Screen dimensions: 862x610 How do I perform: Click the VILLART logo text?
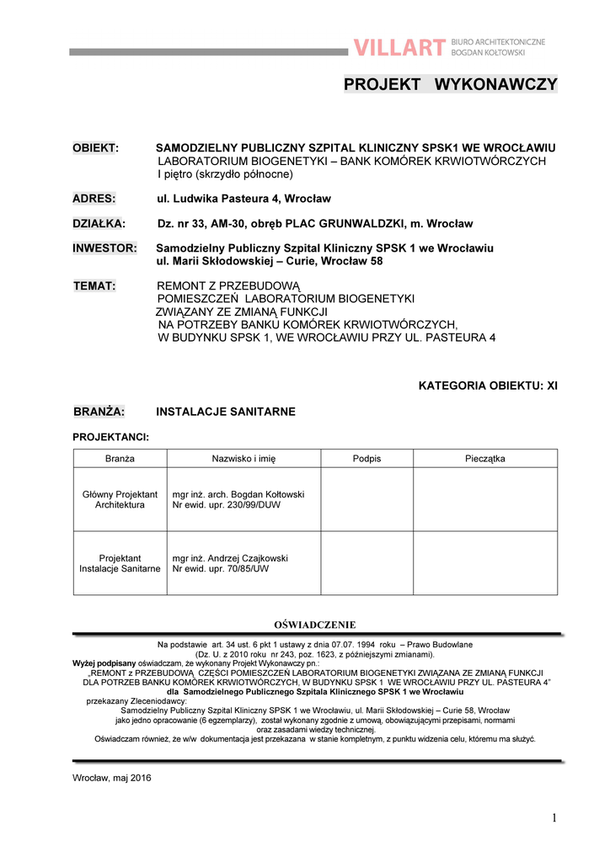pyautogui.click(x=399, y=48)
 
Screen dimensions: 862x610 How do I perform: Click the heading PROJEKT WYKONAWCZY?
pyautogui.click(x=450, y=84)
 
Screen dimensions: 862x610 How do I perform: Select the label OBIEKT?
pyautogui.click(x=95, y=148)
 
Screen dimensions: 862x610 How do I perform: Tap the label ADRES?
pyautogui.click(x=94, y=199)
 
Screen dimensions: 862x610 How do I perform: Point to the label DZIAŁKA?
pyautogui.click(x=98, y=224)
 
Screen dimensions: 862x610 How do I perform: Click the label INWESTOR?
pyautogui.click(x=104, y=248)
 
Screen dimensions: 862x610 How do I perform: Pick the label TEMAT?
pyautogui.click(x=94, y=286)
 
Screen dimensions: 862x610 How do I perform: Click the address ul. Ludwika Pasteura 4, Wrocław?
pyautogui.click(x=244, y=199)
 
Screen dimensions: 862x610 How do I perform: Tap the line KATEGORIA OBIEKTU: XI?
pyautogui.click(x=488, y=386)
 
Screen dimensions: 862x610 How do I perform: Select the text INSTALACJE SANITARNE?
pyautogui.click(x=226, y=412)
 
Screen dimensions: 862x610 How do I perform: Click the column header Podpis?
pyautogui.click(x=367, y=459)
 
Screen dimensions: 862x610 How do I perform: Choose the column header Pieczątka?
pyautogui.click(x=484, y=459)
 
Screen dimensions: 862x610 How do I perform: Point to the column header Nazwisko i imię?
pyautogui.click(x=243, y=459)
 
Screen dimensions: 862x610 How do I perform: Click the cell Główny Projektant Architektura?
pyautogui.click(x=120, y=499)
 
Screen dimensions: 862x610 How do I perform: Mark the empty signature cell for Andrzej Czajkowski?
pyautogui.click(x=367, y=563)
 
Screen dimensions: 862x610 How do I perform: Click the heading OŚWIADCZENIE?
pyautogui.click(x=315, y=625)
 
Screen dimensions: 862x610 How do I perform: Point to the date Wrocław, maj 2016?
pyautogui.click(x=112, y=778)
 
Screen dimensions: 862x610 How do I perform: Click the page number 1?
pyautogui.click(x=554, y=817)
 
